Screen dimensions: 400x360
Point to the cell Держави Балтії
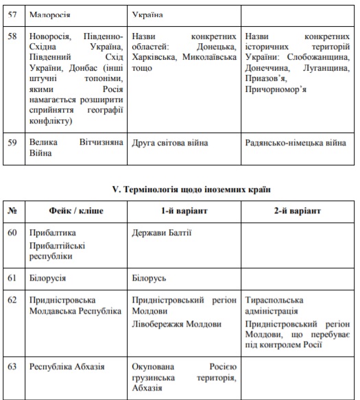(x=162, y=233)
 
